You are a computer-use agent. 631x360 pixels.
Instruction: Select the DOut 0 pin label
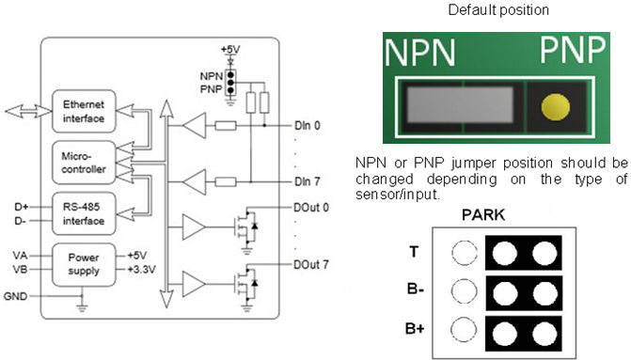(x=312, y=208)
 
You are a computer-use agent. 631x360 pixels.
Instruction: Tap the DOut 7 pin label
(x=312, y=265)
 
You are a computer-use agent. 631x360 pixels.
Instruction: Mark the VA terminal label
(x=20, y=254)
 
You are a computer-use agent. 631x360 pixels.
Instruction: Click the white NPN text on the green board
(x=420, y=55)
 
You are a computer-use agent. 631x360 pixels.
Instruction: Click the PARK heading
(x=483, y=216)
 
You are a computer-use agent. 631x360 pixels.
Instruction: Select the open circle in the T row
(x=465, y=252)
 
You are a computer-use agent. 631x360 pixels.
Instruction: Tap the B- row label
(x=415, y=290)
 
